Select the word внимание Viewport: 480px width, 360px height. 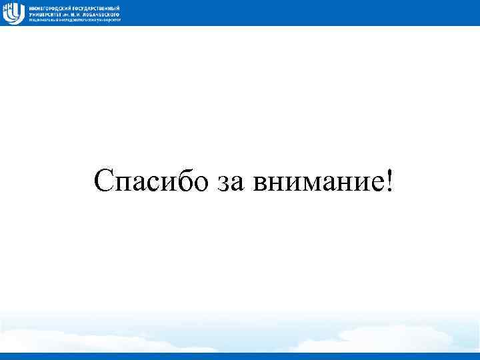pyautogui.click(x=313, y=183)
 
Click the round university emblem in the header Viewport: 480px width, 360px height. pyautogui.click(x=13, y=13)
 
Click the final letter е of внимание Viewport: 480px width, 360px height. pyautogui.click(x=374, y=183)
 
